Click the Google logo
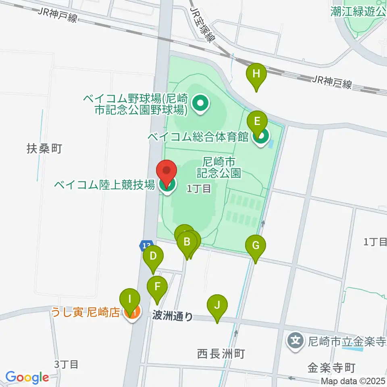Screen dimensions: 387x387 (27, 378)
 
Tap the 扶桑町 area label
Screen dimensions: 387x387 (44, 149)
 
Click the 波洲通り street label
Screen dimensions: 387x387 (173, 316)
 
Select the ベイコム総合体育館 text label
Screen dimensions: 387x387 (198, 137)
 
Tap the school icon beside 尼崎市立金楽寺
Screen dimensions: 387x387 (296, 341)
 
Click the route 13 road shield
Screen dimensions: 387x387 (146, 245)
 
